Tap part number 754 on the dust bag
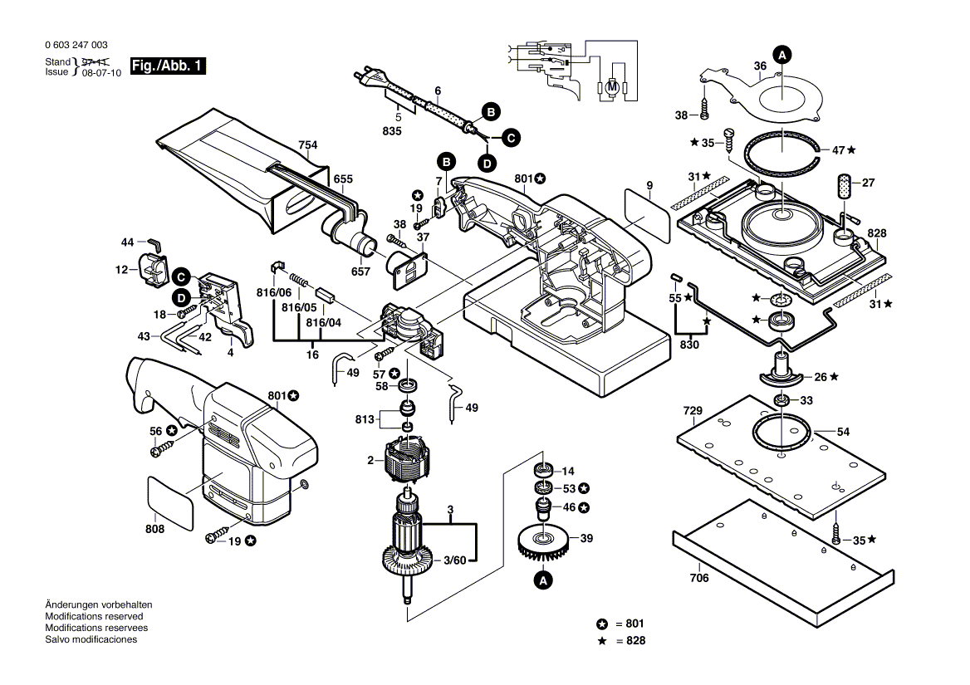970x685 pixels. coord(308,146)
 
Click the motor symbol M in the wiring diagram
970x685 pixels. coord(610,86)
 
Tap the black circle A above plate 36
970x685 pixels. coord(781,55)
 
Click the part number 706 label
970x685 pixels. coord(699,579)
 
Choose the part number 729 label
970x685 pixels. coord(693,411)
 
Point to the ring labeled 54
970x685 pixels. coord(781,435)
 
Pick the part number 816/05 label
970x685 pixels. coord(299,306)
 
